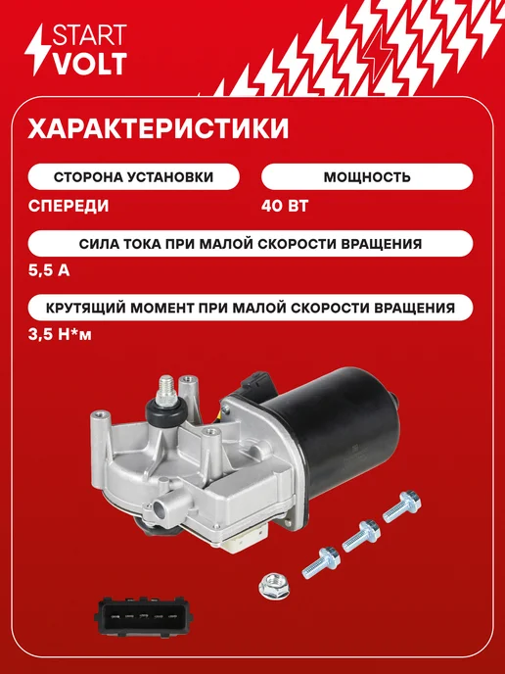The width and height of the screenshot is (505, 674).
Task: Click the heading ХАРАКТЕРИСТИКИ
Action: click(159, 128)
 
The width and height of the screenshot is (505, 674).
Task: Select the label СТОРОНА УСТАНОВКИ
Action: click(133, 176)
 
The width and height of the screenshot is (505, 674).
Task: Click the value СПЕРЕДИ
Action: click(69, 206)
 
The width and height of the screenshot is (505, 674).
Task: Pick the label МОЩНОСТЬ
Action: click(367, 176)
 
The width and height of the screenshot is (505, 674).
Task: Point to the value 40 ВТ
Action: click(285, 206)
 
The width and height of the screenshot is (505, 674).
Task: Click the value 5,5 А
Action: click(49, 270)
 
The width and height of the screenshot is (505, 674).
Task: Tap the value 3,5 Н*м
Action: click(60, 334)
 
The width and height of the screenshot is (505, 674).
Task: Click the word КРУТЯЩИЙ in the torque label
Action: click(86, 308)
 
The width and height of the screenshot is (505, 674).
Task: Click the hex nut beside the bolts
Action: click(274, 587)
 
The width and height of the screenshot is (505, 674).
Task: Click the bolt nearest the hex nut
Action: click(321, 562)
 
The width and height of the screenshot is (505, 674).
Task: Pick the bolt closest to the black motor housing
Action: click(401, 506)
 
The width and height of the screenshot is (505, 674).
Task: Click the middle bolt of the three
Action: click(361, 536)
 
